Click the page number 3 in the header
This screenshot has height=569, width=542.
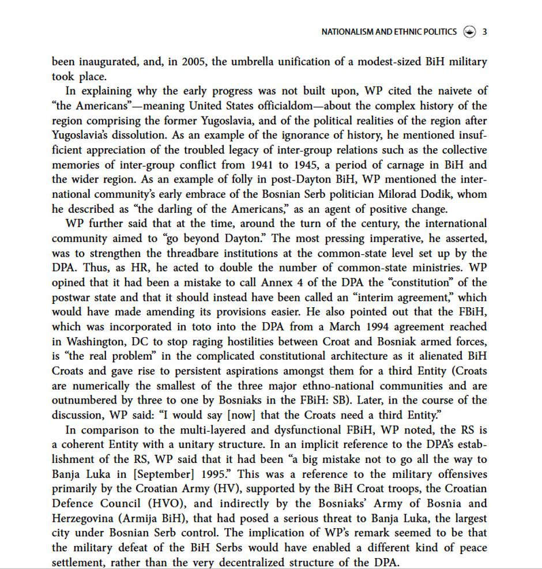point(484,32)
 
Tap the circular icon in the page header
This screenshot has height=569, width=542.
point(469,32)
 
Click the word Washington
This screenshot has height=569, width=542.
point(95,342)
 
